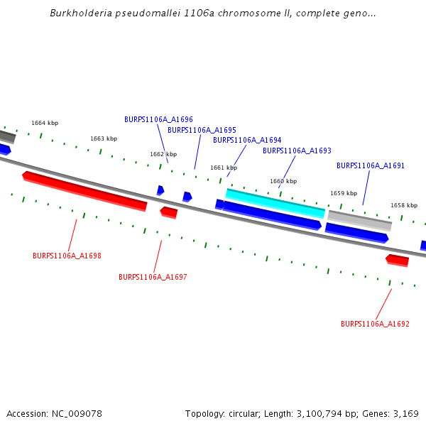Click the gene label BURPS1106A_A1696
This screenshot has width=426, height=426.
point(158,119)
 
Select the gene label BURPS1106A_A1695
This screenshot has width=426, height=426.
point(202,130)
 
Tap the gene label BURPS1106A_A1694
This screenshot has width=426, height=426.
point(247,140)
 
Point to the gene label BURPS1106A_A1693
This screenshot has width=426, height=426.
point(297,151)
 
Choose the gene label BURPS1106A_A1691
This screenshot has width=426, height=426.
point(371,165)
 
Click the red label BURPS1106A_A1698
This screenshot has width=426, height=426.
point(67,256)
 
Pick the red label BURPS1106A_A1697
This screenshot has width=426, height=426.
point(153,277)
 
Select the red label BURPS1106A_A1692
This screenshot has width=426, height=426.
point(375,324)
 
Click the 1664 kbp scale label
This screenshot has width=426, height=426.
point(45,123)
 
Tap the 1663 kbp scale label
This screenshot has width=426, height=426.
point(104,138)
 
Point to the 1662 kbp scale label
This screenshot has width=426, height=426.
point(163,154)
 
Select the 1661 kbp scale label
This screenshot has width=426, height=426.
point(224,168)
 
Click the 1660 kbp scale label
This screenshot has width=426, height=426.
point(283,181)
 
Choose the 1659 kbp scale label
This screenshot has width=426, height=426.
point(344,193)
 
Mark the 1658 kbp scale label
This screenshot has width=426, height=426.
point(404,205)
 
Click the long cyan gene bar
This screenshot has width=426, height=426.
point(275,203)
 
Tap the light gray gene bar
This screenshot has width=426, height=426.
point(359,220)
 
